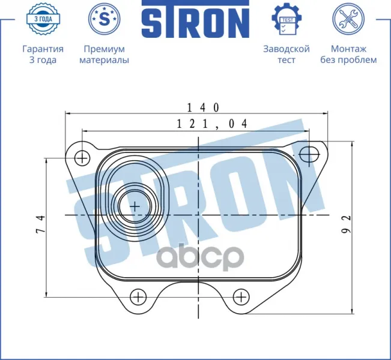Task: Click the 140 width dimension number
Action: [x=203, y=107]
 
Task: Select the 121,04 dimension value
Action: [x=212, y=124]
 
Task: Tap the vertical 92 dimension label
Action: [x=346, y=224]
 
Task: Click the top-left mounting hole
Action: [x=82, y=158]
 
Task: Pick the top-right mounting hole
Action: [x=309, y=154]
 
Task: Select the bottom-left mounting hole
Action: [x=138, y=297]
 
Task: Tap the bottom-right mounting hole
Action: [x=241, y=297]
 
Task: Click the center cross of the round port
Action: [x=135, y=207]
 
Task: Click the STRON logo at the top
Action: [x=196, y=19]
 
